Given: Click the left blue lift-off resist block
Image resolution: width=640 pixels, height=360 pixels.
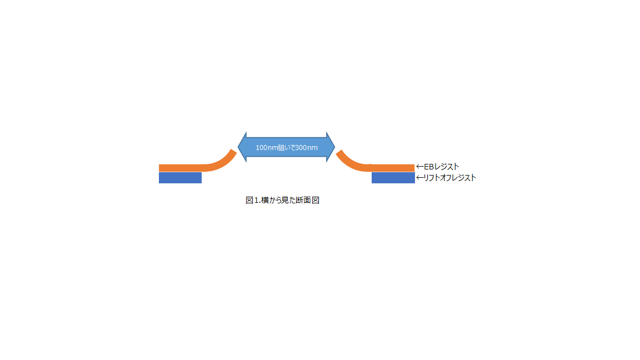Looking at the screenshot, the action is click(x=180, y=178).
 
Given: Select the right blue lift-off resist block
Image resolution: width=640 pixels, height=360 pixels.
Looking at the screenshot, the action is click(x=393, y=178).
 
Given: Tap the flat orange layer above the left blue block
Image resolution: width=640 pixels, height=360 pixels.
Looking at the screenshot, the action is click(x=180, y=168).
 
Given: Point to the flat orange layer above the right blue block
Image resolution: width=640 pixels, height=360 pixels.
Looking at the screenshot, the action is click(x=393, y=168).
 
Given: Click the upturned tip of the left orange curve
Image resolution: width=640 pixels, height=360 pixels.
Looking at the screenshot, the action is click(x=234, y=152).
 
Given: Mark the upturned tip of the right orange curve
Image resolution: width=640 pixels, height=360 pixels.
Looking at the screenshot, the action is click(x=339, y=153).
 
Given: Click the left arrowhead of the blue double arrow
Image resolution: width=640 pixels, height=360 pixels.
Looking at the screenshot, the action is click(x=242, y=147).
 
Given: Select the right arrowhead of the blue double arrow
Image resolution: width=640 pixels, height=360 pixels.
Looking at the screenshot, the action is click(x=331, y=147).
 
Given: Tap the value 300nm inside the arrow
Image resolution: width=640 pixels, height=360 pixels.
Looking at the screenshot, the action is click(x=307, y=148).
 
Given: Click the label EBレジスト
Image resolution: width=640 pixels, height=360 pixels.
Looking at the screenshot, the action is click(x=442, y=167).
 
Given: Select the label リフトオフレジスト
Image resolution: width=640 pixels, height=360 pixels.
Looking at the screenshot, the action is click(x=450, y=178).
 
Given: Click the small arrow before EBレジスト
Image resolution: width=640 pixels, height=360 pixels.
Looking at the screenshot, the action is click(x=420, y=167).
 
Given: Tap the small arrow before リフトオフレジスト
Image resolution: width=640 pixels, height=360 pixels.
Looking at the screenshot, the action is click(x=420, y=178).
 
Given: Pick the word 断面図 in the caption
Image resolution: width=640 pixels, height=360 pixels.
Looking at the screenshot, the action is click(x=308, y=200).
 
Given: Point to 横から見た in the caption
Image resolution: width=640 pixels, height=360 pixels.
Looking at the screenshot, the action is click(x=279, y=200).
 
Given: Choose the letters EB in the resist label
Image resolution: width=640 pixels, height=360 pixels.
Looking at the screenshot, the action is click(x=429, y=167).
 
